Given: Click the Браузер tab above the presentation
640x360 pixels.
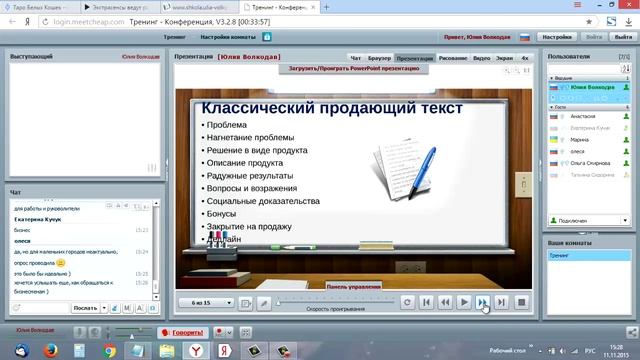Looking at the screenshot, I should click(x=379, y=58).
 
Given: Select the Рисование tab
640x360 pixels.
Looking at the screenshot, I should click(x=452, y=58).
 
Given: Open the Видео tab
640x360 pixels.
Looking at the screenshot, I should click(x=481, y=58).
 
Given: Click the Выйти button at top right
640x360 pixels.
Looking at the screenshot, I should click(x=595, y=36).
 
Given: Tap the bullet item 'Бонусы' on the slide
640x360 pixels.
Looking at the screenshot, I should click(x=221, y=214).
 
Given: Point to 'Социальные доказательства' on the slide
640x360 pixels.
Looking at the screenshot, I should click(x=263, y=201).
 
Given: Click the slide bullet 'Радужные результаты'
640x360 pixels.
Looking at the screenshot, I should click(x=250, y=175).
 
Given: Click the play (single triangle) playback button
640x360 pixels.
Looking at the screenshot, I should click(x=464, y=302).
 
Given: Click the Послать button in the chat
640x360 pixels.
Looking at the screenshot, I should click(x=86, y=308).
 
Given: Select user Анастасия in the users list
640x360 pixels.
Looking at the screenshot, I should click(x=583, y=117).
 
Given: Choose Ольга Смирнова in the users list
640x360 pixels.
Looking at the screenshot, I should click(x=591, y=162).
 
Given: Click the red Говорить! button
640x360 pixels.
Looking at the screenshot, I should click(x=187, y=332).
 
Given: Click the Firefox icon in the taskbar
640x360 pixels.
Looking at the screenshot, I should click(x=49, y=350).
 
